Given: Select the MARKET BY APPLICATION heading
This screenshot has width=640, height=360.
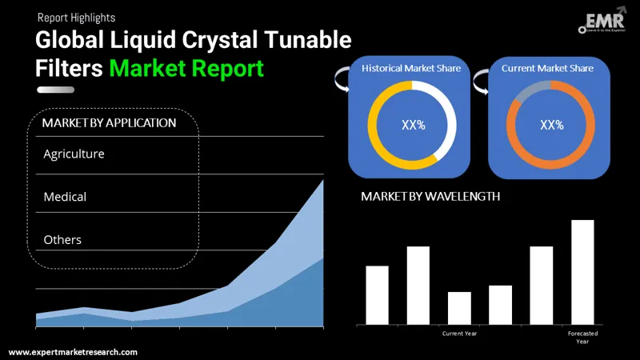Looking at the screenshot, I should click(x=109, y=123).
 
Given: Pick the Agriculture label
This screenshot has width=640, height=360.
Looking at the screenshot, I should click(x=74, y=153).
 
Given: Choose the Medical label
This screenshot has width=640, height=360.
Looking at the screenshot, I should click(x=65, y=196).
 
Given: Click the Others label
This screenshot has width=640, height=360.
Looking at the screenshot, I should click(x=62, y=239).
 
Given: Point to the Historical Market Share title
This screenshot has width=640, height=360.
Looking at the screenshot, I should click(x=411, y=69).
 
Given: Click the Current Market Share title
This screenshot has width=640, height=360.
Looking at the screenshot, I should click(x=547, y=69).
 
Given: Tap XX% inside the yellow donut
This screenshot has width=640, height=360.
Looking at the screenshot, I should click(x=412, y=125).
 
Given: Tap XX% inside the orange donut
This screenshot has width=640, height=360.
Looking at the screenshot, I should click(x=551, y=125).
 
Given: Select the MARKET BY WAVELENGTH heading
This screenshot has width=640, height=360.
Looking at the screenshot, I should click(x=430, y=196).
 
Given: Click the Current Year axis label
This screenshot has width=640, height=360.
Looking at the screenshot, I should click(x=459, y=333).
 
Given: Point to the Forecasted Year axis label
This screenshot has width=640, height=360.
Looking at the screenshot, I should click(x=582, y=337).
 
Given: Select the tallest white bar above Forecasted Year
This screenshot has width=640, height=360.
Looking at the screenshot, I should click(x=582, y=272).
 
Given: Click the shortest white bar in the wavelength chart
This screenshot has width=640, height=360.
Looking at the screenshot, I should click(x=459, y=308).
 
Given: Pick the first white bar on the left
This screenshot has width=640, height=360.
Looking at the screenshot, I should click(x=377, y=294).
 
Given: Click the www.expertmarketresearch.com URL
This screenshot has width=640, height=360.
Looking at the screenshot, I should click(x=73, y=352).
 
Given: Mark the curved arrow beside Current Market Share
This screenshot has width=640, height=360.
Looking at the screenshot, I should click(x=481, y=80).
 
